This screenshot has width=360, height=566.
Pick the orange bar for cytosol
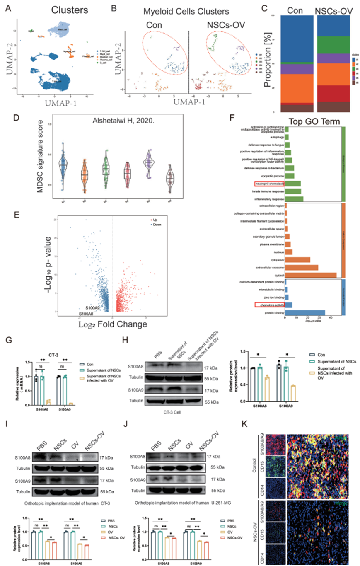coord(311,274)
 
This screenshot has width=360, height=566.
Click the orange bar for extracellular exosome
coord(302,267)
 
